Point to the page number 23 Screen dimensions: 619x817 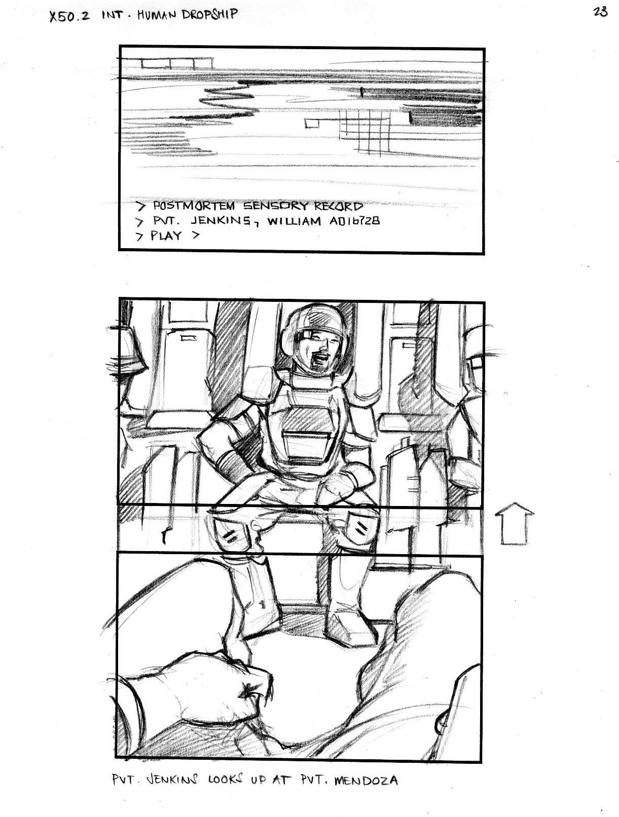click(x=600, y=12)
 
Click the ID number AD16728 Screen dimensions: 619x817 click(x=354, y=221)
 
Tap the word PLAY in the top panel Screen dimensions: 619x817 click(x=166, y=236)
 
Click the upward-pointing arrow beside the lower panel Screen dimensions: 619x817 click(x=515, y=523)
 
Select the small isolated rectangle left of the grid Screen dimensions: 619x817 click(x=312, y=123)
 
